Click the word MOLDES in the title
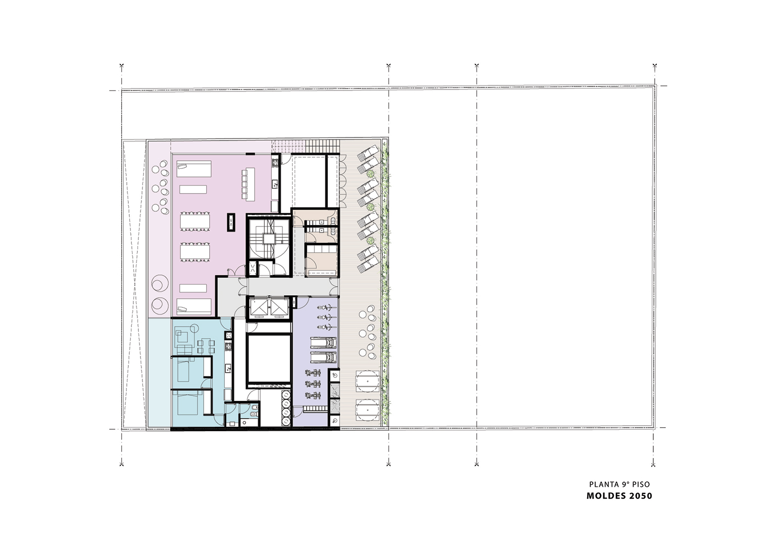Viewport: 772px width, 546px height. (x=606, y=496)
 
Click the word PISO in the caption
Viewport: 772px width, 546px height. (x=641, y=484)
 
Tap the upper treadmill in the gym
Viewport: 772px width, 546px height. (x=324, y=343)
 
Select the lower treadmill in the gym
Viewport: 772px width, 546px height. (x=324, y=357)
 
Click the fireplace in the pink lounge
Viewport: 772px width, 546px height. (x=230, y=222)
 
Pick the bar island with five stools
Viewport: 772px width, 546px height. (x=248, y=184)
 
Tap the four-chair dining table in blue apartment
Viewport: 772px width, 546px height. (x=206, y=346)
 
